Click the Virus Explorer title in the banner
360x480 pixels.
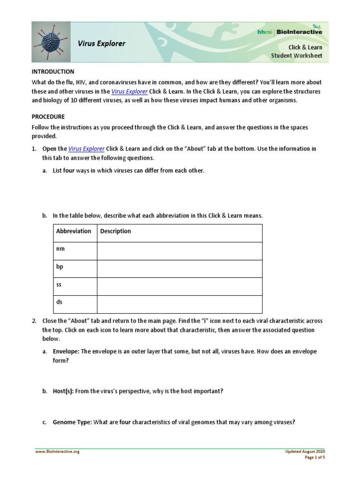(102, 44)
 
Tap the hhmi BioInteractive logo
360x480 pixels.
(290, 31)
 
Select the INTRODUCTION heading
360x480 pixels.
(53, 72)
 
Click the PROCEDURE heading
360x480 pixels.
(48, 117)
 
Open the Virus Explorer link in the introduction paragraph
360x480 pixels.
(129, 92)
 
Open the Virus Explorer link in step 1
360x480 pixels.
(86, 149)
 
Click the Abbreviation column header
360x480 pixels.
(74, 231)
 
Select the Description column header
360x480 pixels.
(116, 231)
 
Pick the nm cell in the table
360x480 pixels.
(60, 249)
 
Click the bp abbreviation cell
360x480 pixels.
(60, 267)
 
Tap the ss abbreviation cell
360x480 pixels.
(59, 285)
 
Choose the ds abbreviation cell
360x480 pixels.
(59, 302)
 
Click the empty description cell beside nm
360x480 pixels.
(180, 251)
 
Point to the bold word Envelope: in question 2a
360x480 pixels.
(66, 352)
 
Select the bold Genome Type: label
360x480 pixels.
(72, 422)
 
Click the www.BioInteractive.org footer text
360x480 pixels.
(57, 452)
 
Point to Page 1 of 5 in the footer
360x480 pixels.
(315, 457)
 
